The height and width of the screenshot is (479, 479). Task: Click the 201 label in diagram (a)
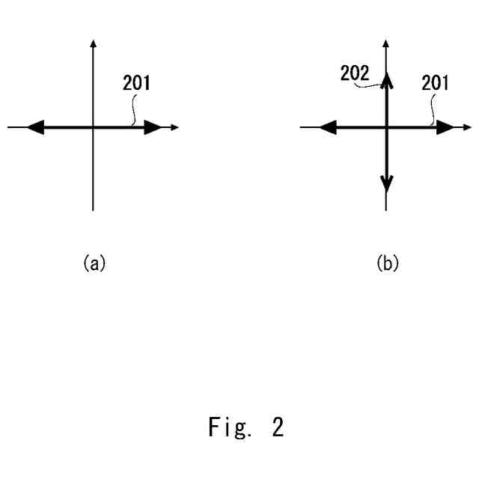pos(136,83)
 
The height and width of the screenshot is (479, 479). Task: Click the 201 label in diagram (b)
pos(435,83)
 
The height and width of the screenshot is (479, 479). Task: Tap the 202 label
pos(355,75)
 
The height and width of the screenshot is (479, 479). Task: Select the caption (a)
pos(94,263)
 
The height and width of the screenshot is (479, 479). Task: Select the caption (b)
pos(386,263)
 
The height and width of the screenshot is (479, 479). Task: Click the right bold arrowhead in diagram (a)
pos(153,128)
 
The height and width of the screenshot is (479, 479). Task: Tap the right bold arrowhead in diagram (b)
pos(445,128)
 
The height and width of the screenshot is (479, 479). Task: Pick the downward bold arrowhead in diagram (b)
pos(386,181)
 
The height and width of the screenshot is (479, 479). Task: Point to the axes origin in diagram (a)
pos(93,128)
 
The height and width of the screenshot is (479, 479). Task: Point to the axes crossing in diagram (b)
pos(386,128)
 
